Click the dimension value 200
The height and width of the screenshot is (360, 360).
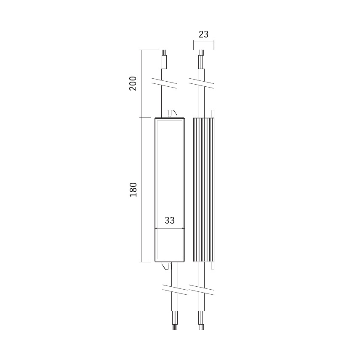coord(133,83)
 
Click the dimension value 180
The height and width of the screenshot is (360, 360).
coord(133,189)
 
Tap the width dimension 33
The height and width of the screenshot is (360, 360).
coord(170,220)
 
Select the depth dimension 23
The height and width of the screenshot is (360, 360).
coord(204,35)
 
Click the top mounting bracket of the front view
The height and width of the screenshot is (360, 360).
coord(172,114)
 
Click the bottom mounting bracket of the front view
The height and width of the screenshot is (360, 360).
coord(167,266)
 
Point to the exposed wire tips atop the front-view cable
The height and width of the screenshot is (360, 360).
coord(164,53)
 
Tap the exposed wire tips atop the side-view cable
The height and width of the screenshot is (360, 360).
coord(201,53)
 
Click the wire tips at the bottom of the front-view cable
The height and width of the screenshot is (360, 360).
coord(175,327)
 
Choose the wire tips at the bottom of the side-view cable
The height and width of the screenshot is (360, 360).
coord(201,327)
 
